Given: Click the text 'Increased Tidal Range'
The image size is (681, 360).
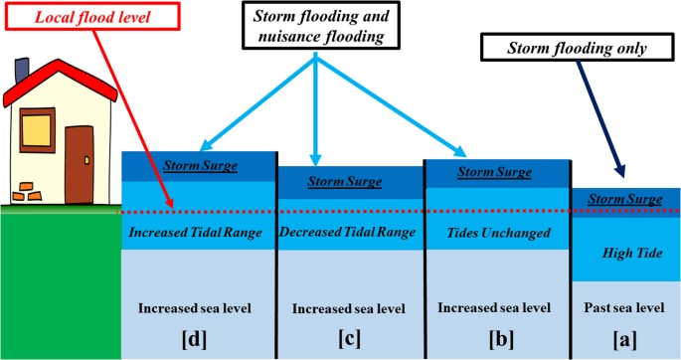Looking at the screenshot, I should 196,233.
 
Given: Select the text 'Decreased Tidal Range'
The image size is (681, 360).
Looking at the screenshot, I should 348,233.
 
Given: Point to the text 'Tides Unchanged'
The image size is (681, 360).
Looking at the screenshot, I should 499,233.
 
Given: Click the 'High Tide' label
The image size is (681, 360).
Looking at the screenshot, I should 625,254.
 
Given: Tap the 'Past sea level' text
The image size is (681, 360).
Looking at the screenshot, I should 625,306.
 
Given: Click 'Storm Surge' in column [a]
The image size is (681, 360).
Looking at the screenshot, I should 625,199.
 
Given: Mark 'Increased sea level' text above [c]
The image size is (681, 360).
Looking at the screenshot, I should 348,306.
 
